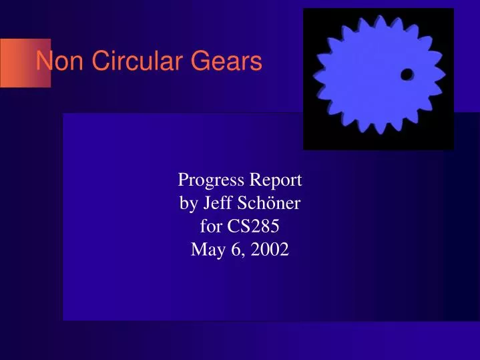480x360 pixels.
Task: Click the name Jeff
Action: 218,204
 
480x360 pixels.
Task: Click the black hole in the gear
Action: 406,75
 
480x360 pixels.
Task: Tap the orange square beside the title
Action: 25,63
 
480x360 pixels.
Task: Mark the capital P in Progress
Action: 182,180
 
